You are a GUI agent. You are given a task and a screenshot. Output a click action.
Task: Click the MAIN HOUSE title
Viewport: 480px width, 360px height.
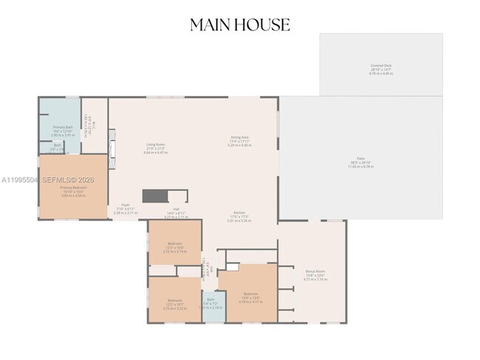[x=240, y=24]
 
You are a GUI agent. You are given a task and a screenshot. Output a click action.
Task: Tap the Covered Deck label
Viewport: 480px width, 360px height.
[x=381, y=66]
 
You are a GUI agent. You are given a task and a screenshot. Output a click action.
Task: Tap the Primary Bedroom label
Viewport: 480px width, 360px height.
[x=73, y=187]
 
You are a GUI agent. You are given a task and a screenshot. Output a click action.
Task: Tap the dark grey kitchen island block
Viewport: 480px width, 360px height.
[x=155, y=195]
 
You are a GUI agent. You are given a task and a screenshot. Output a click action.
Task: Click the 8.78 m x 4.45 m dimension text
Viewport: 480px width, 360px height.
[x=381, y=73]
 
